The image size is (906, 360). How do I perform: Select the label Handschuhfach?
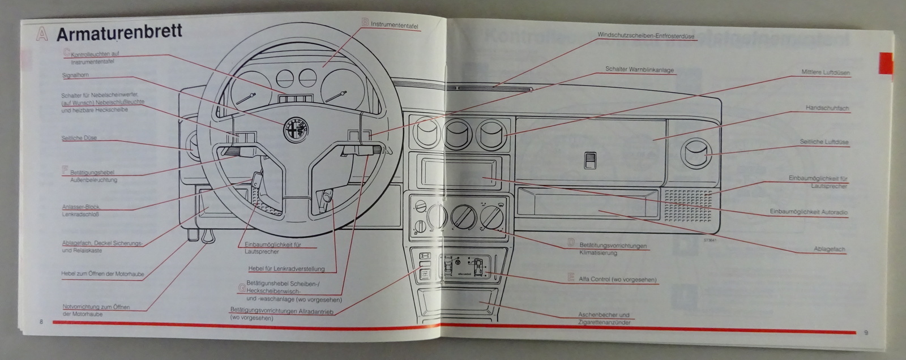click(x=827, y=108)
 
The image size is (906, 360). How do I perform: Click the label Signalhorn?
click(x=76, y=75)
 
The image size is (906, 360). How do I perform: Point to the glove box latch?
click(x=589, y=161)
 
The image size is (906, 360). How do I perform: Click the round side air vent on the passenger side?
click(x=694, y=153)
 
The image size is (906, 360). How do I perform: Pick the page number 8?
click(x=41, y=322)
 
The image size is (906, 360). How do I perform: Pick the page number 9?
click(x=866, y=332)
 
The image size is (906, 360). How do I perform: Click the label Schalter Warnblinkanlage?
click(x=639, y=70)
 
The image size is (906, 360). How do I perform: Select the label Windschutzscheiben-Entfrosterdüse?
click(x=638, y=35)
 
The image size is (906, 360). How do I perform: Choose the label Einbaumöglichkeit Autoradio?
click(x=809, y=212)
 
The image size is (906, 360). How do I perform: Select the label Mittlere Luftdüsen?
click(x=825, y=73)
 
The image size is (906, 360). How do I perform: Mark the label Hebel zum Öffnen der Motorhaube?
click(x=102, y=274)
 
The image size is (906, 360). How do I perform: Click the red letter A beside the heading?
click(x=41, y=33)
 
